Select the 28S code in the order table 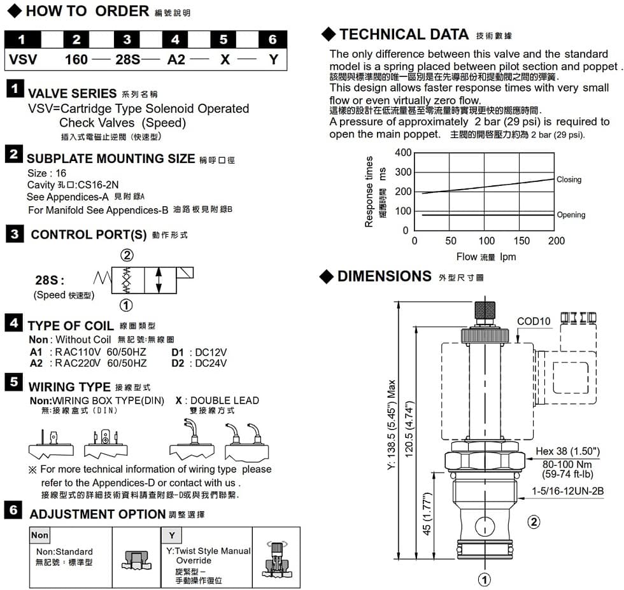pyautogui.click(x=127, y=59)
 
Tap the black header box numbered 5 pyautogui.click(x=223, y=39)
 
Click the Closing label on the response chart pyautogui.click(x=569, y=179)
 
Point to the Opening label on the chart pyautogui.click(x=571, y=215)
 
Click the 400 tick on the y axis pyautogui.click(x=403, y=153)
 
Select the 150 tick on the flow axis pyautogui.click(x=521, y=241)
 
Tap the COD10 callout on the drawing pyautogui.click(x=534, y=321)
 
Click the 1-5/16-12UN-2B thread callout pyautogui.click(x=567, y=491)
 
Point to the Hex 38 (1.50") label pyautogui.click(x=567, y=451)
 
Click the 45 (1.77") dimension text pyautogui.click(x=428, y=514)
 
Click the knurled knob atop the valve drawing pyautogui.click(x=486, y=311)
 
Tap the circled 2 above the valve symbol pyautogui.click(x=127, y=255)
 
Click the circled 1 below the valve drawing pyautogui.click(x=485, y=579)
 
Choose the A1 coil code pyautogui.click(x=36, y=352)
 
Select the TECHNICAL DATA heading pyautogui.click(x=404, y=34)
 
